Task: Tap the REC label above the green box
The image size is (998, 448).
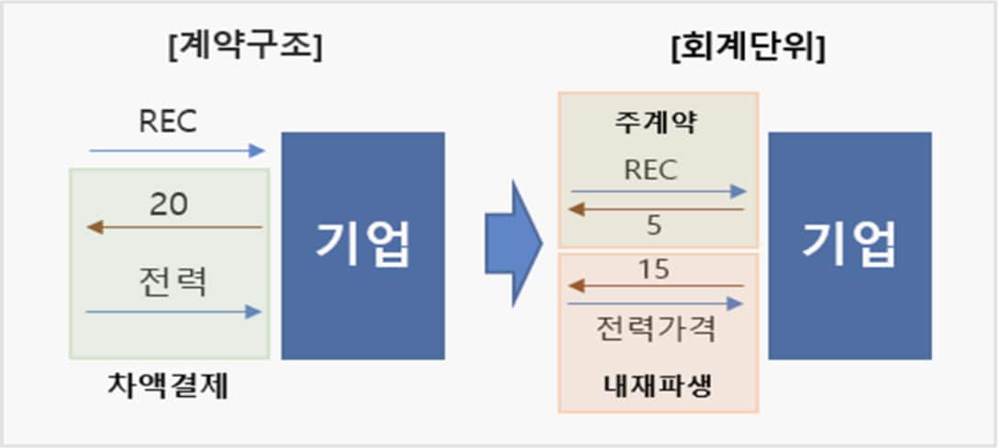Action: click(x=169, y=121)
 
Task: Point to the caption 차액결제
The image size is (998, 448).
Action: click(x=166, y=388)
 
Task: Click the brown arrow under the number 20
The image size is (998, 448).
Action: click(x=174, y=226)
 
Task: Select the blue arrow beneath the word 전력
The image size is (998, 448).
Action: click(x=174, y=312)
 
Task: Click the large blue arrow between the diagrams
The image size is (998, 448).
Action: click(x=514, y=243)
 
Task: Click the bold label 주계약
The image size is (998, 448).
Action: click(x=658, y=123)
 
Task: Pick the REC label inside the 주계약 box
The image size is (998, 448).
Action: click(x=650, y=169)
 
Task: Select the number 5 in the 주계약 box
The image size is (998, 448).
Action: click(x=654, y=225)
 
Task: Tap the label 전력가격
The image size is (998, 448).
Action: click(x=656, y=328)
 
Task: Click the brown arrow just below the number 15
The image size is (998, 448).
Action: click(x=656, y=286)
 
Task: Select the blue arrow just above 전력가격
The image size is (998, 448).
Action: click(x=656, y=302)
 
